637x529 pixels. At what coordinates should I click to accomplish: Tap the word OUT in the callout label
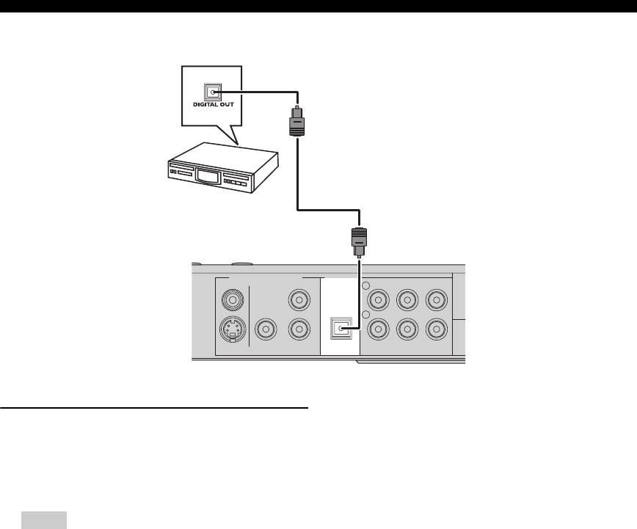[x=226, y=106]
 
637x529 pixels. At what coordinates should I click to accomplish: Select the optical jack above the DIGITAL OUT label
[x=213, y=92]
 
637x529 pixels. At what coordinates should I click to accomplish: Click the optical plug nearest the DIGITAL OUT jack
[x=296, y=120]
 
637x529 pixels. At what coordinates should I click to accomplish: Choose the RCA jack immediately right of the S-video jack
[x=266, y=331]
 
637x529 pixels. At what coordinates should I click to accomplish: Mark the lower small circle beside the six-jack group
[x=365, y=315]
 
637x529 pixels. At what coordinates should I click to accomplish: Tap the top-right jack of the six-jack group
[x=437, y=299]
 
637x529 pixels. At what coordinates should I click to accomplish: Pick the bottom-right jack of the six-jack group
[x=437, y=330]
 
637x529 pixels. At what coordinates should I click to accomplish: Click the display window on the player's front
[x=208, y=177]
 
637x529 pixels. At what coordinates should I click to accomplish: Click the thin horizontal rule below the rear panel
[x=153, y=407]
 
